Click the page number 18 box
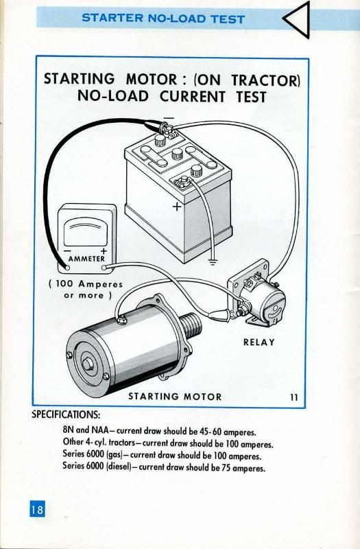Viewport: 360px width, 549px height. (x=37, y=509)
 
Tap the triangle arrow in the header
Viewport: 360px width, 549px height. (x=297, y=19)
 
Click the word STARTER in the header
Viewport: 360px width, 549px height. (x=112, y=18)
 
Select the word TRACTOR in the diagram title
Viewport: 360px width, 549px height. (x=266, y=80)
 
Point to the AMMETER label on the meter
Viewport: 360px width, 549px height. (x=87, y=259)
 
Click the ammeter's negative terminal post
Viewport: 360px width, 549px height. (x=67, y=268)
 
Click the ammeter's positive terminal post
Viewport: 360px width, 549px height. (x=104, y=268)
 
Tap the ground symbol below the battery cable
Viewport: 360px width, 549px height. (x=213, y=262)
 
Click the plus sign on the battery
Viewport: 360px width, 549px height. (x=178, y=207)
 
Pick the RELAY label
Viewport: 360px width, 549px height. (x=259, y=342)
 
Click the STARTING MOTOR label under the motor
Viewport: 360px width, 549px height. (x=175, y=397)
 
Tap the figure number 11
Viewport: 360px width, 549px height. (x=294, y=397)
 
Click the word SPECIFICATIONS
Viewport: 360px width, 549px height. (x=66, y=415)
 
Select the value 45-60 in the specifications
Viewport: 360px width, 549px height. (x=210, y=432)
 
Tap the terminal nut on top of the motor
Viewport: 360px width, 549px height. (x=122, y=319)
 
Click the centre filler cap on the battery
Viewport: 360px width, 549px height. (x=177, y=154)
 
